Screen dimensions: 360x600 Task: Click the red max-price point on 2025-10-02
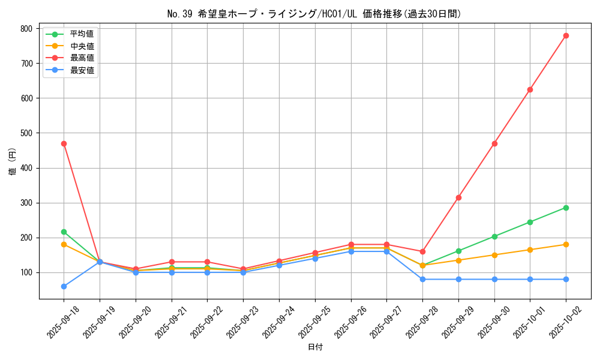[566, 35]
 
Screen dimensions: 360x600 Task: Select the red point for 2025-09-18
[64, 143]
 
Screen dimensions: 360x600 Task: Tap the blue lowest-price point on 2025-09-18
[64, 286]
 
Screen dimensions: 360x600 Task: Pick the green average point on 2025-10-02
[566, 208]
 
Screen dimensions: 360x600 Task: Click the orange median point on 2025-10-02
[566, 244]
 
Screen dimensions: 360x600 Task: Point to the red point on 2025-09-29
[458, 197]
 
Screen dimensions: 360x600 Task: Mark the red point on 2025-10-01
[530, 89]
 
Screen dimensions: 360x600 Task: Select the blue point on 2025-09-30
[494, 279]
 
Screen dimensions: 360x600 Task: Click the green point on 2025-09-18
[64, 232]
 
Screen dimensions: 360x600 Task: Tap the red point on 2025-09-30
[494, 143]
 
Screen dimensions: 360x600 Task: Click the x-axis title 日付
[315, 347]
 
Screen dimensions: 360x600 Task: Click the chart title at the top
[315, 14]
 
